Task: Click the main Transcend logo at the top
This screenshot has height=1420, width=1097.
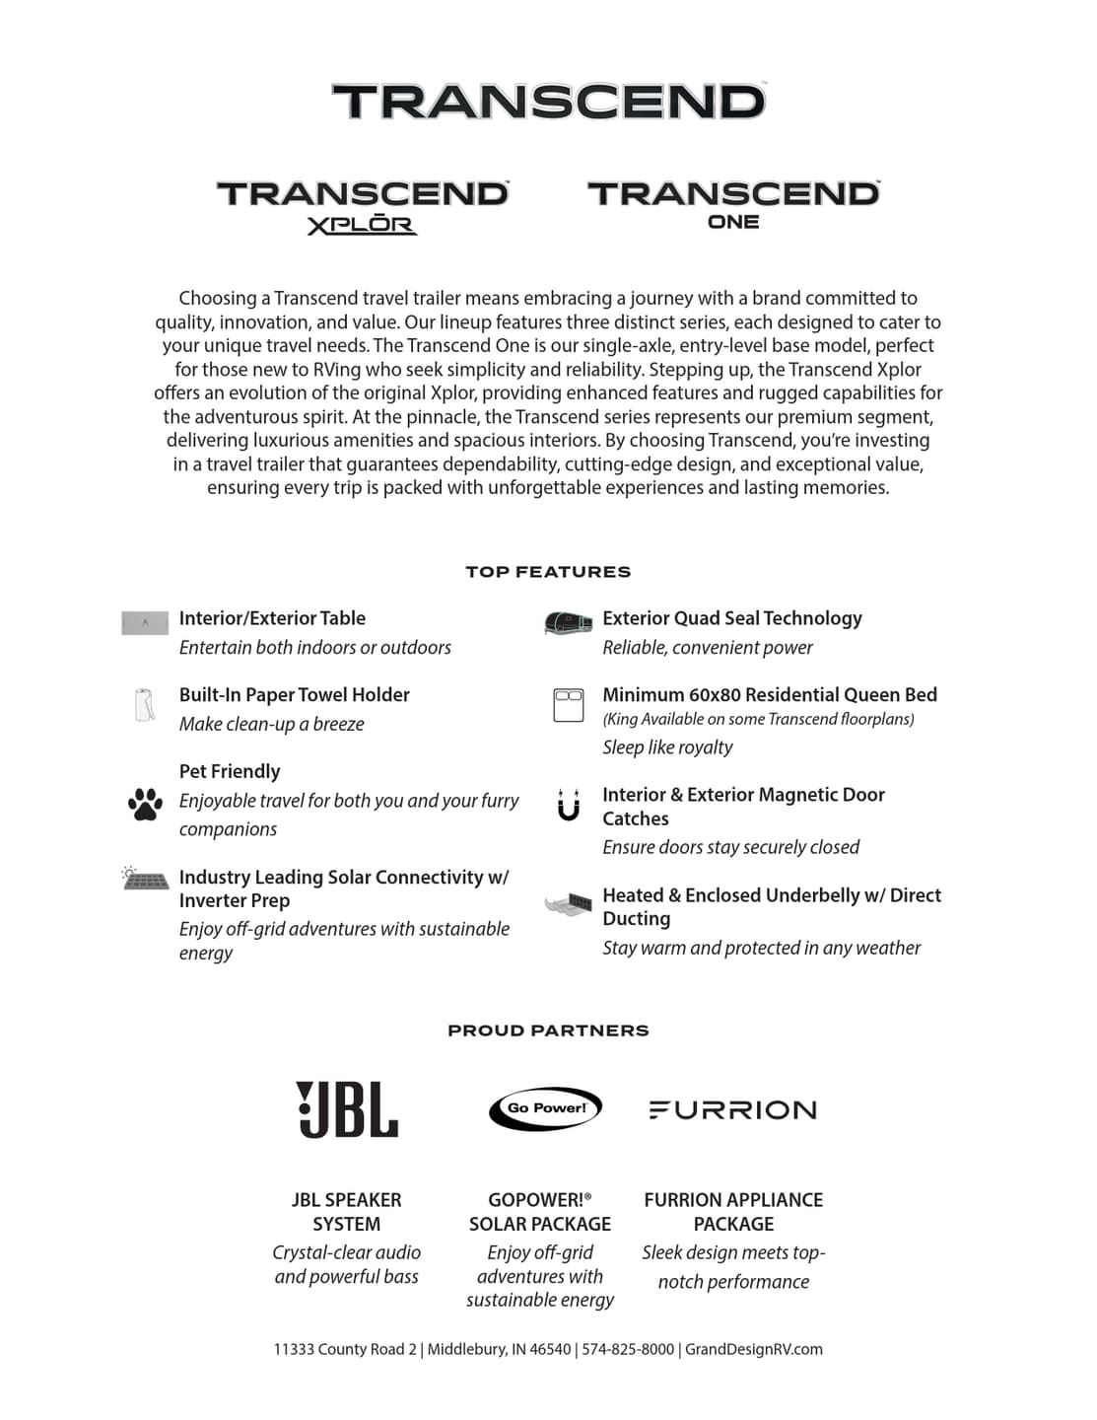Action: [548, 102]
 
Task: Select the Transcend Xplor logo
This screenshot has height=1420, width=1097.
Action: [363, 206]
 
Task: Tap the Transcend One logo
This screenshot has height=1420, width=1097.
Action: [733, 205]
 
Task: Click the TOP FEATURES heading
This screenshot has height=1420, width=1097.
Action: [548, 572]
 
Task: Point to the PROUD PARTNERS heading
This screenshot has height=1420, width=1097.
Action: [548, 1030]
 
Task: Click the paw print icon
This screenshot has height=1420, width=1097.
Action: [145, 804]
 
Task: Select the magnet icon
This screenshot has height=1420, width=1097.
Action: [569, 805]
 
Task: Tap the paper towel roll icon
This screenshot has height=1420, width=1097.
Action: [145, 705]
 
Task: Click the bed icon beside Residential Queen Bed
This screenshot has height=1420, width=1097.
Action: [569, 705]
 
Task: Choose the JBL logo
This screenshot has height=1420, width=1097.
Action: [347, 1109]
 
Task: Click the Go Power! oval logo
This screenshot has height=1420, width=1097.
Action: [545, 1108]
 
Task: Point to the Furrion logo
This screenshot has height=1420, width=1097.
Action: [733, 1110]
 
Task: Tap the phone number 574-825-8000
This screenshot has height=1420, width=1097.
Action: [628, 1349]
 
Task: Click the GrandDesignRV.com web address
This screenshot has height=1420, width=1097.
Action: [754, 1349]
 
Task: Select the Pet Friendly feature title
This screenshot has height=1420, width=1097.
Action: [230, 771]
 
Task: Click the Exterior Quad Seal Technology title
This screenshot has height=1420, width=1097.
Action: [732, 618]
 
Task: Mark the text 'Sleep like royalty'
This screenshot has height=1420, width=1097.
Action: [667, 747]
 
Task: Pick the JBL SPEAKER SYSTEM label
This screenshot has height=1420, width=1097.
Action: [347, 1212]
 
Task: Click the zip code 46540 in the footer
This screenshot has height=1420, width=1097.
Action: [550, 1349]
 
